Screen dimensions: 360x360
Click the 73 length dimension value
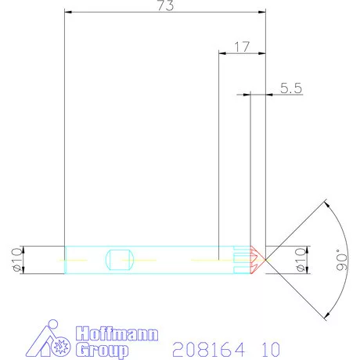[165, 6]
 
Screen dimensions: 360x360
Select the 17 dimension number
[242, 47]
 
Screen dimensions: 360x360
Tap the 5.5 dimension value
[290, 88]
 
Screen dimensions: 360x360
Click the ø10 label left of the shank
[15, 259]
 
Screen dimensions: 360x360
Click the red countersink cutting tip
[257, 259]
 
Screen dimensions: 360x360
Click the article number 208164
[207, 347]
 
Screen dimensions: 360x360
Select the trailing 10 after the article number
[266, 347]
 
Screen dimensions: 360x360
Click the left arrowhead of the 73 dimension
[68, 13]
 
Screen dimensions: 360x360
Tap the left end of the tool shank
[65, 259]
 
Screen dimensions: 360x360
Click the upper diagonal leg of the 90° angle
[297, 228]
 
